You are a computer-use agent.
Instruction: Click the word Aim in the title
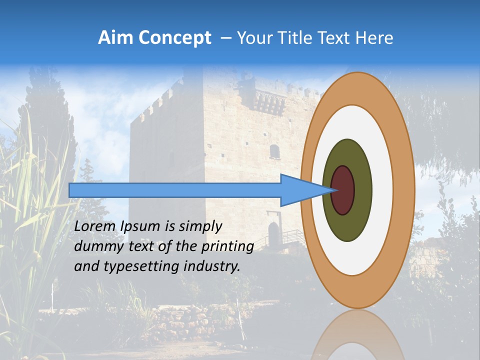(116, 38)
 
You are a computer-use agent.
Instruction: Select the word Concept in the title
(175, 38)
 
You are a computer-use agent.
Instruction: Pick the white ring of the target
(382, 190)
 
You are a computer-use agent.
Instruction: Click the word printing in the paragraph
(227, 247)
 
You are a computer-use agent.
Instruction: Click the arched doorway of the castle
(273, 233)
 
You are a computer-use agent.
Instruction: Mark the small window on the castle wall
(274, 151)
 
